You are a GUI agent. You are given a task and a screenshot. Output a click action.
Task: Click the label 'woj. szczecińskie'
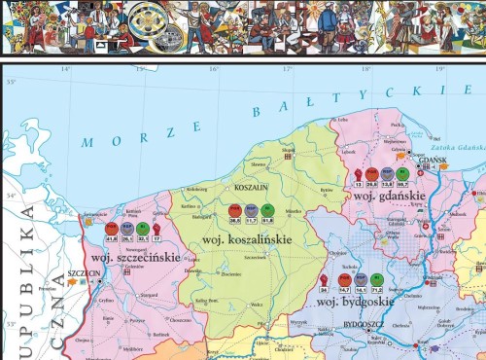coord(135,258)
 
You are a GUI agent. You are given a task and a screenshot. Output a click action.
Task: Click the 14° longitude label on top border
coord(66,69)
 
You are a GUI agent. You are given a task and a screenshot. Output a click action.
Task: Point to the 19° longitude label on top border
coord(440,69)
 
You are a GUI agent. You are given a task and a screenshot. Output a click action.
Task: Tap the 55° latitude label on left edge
coord(11,82)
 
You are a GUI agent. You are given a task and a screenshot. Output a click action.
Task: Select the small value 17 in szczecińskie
coord(156,236)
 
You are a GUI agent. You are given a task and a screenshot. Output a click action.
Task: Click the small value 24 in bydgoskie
coord(324,288)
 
